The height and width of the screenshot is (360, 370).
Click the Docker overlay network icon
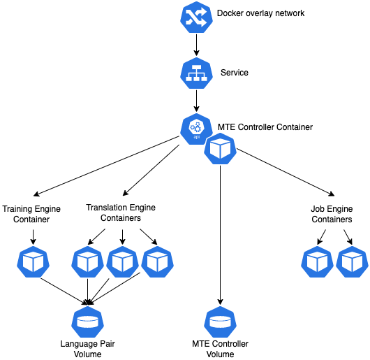coord(196,17)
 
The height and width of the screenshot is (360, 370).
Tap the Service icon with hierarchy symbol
coord(196,73)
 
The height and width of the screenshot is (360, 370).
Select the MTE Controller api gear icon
coord(196,129)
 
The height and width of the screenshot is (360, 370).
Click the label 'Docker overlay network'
coord(260,13)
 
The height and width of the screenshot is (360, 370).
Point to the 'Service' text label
coord(235,73)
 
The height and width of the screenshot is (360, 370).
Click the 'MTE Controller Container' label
coord(265,127)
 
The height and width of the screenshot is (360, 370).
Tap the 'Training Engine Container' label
coord(31,214)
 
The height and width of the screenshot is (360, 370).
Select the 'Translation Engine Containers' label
coord(121,213)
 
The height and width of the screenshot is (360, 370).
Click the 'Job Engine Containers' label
coord(332,214)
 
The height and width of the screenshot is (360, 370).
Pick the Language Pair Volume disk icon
coord(87,322)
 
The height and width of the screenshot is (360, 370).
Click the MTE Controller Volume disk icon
coord(220,322)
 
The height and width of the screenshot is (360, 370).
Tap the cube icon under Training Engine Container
coord(33,261)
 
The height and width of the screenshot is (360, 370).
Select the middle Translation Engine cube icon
coord(122,261)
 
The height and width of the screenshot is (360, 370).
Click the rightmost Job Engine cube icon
coord(352,261)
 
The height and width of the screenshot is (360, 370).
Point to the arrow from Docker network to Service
coord(196,45)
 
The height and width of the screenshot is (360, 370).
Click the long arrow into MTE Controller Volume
coord(220,236)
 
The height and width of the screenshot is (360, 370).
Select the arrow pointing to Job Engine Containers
coord(286,172)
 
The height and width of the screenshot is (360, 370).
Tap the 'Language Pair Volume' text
coord(87,349)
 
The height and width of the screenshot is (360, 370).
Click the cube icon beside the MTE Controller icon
coord(220,149)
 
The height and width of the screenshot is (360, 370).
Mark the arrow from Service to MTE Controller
coord(196,101)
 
